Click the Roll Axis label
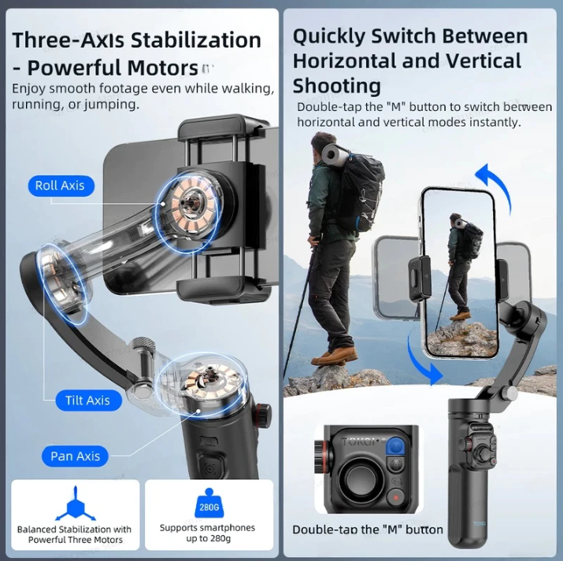[x=60, y=186]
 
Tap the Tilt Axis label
[x=87, y=400]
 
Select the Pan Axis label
[x=76, y=456]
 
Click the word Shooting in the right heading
[x=336, y=86]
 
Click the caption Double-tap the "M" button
[x=368, y=530]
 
